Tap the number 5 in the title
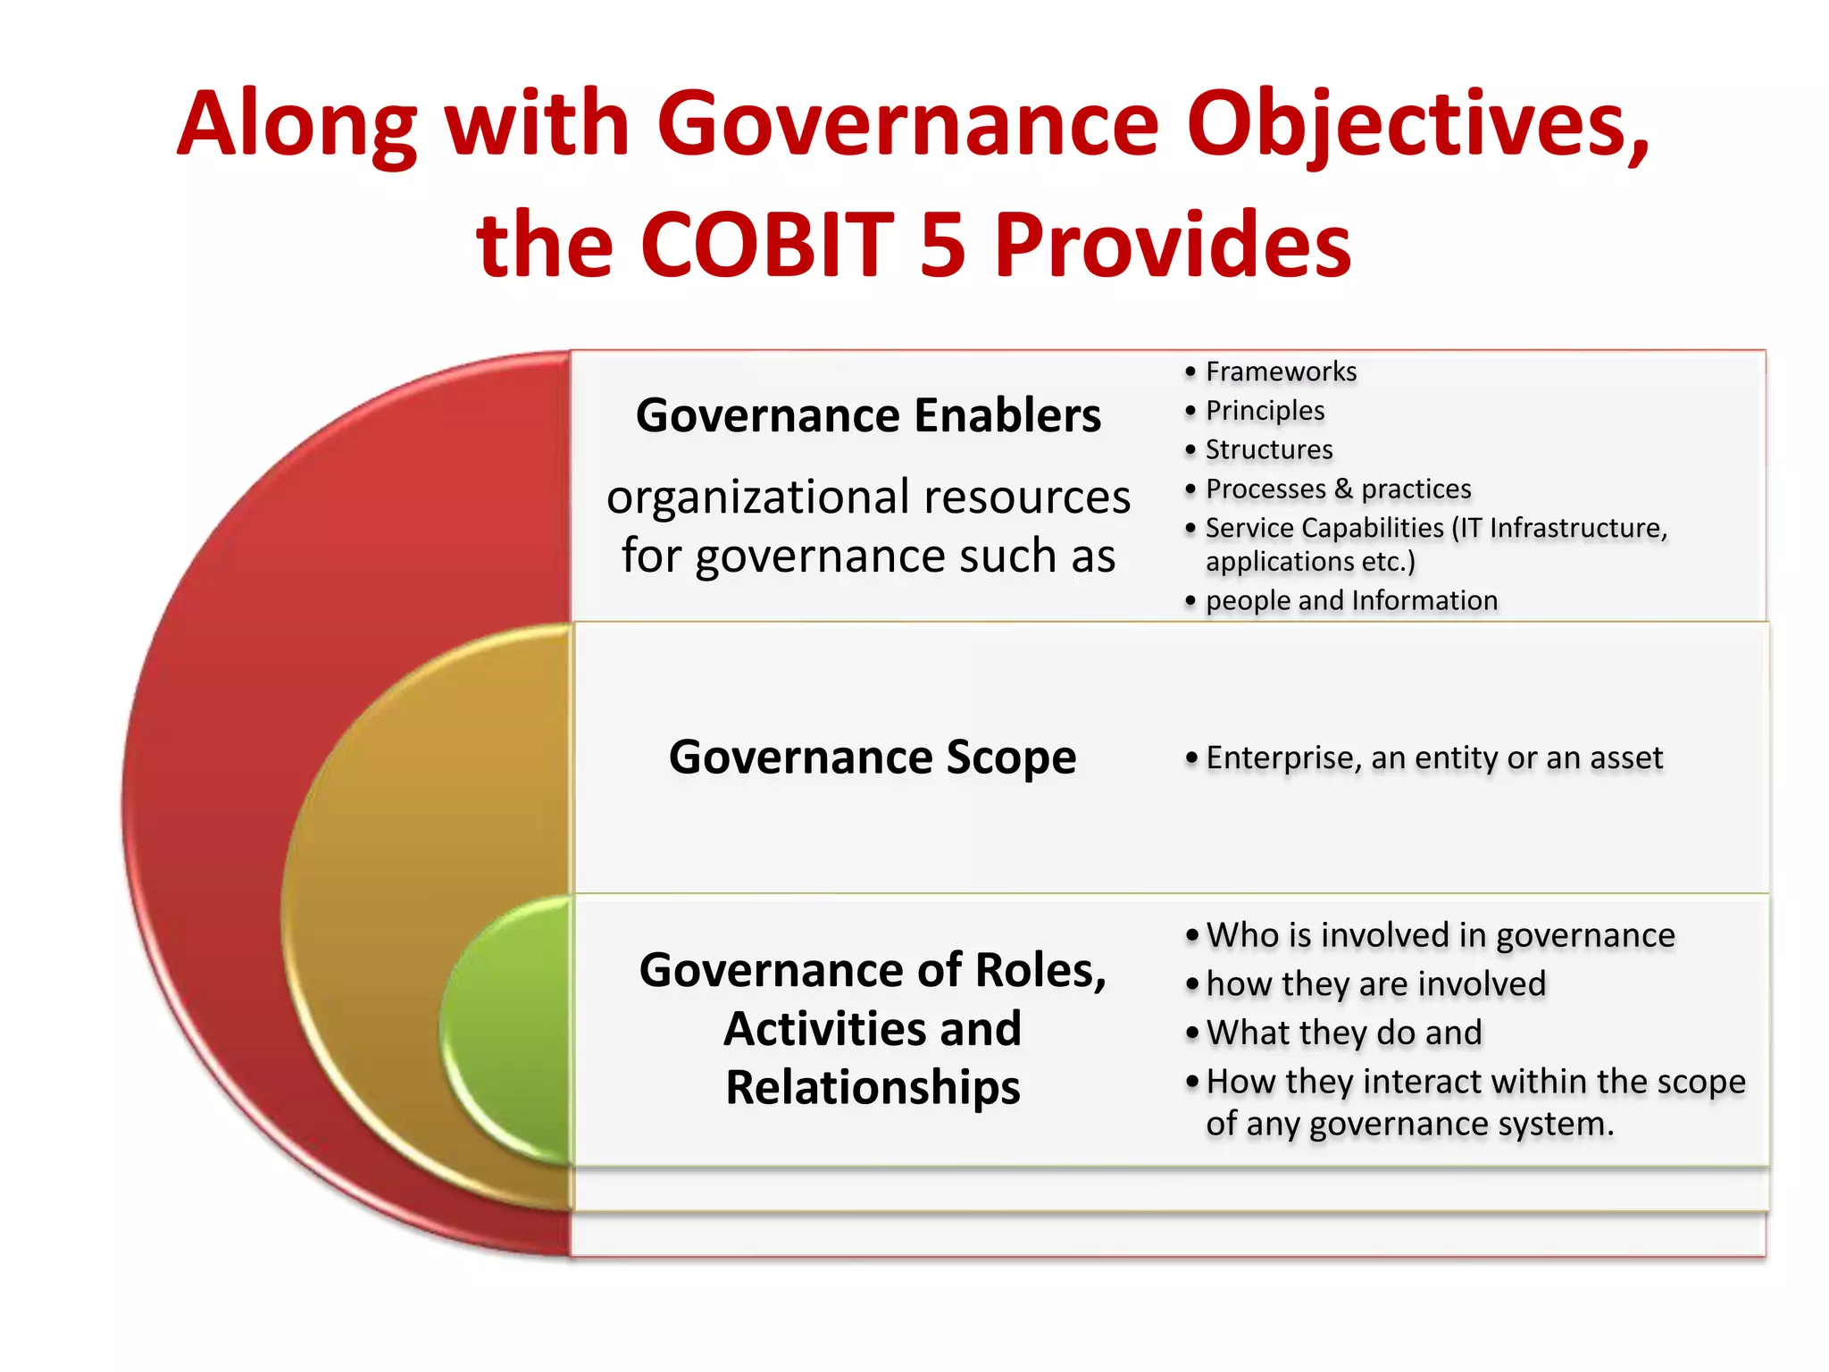point(943,244)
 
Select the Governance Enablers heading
point(868,415)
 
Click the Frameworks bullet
point(1280,372)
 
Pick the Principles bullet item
point(1265,411)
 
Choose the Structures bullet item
point(1268,449)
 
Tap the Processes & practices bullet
point(1338,489)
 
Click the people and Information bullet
point(1350,600)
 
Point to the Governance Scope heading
point(873,757)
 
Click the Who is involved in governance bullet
point(1440,935)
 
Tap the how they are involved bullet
point(1375,983)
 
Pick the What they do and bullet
point(1343,1033)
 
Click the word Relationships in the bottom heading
point(873,1087)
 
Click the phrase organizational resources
point(868,497)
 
